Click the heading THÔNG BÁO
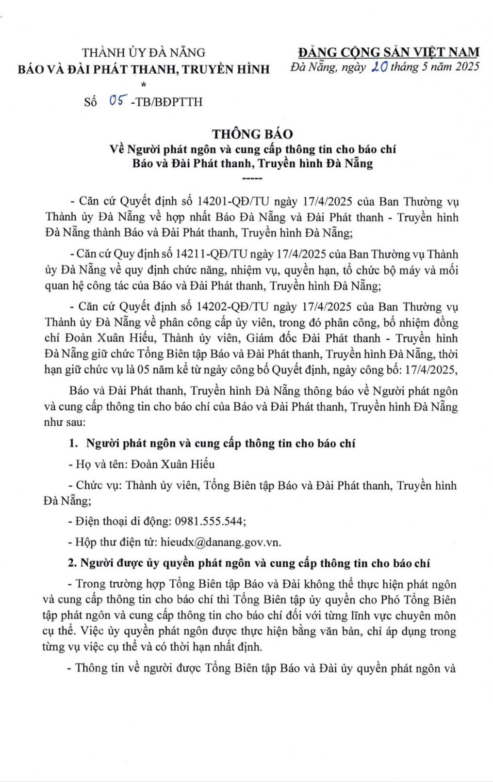pos(252,134)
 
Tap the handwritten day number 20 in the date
pos(378,67)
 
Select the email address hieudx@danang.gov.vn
pos(221,542)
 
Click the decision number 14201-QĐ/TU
pos(233,201)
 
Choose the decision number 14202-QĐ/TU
pos(233,307)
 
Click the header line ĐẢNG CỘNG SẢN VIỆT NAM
pos(388,52)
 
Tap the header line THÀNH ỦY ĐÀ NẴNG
pos(144,52)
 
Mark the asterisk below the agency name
pos(143,85)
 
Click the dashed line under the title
pos(252,178)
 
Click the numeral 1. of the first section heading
pos(74,444)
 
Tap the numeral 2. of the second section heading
pos(72,563)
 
